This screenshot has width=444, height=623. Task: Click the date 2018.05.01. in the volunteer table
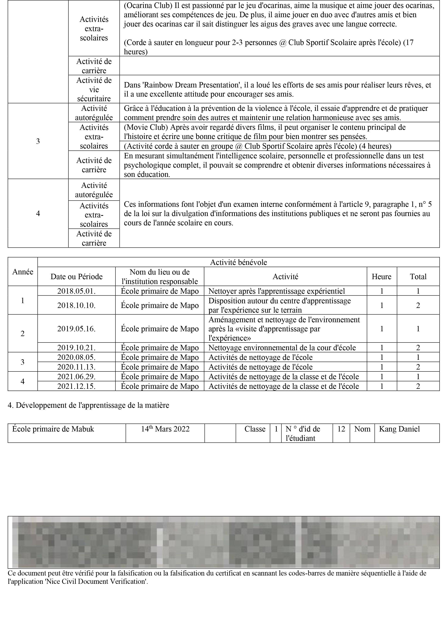coord(76,291)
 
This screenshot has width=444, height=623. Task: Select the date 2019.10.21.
coord(76,348)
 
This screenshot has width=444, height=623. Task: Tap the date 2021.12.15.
coord(76,386)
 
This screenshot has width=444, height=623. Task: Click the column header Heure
coord(381,277)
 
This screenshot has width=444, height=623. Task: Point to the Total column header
coord(418,277)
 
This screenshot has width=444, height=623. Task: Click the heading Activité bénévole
coord(238,262)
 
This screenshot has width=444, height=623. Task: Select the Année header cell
coord(23,272)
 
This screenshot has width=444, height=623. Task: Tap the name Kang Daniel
coord(399,429)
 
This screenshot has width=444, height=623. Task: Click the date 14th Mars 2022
coord(165,429)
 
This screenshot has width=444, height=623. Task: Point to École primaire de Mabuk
coord(53,429)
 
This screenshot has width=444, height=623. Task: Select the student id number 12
coord(341,429)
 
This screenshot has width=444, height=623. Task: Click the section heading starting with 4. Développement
coord(88,405)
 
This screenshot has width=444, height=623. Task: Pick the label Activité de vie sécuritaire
coord(94,89)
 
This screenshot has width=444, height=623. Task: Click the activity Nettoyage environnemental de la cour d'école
coord(282,348)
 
